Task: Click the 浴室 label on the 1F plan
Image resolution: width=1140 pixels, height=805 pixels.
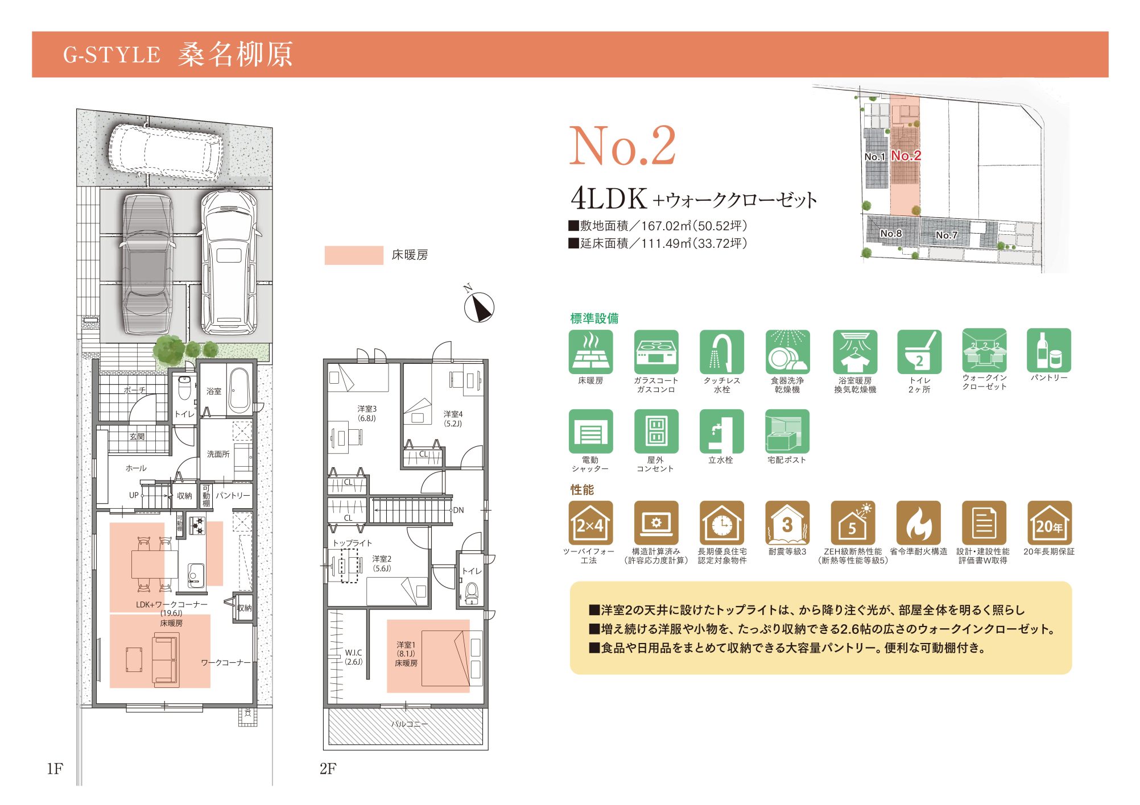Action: click(214, 391)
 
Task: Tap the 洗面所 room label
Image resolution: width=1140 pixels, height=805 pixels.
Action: click(218, 454)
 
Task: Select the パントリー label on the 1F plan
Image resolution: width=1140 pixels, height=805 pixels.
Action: click(233, 495)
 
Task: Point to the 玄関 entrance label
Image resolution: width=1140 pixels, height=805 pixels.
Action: click(137, 437)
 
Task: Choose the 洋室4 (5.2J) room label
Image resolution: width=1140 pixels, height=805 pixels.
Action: click(453, 419)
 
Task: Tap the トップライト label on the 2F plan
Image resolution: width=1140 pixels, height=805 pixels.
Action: click(352, 543)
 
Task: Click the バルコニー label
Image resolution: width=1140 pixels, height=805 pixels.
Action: click(410, 724)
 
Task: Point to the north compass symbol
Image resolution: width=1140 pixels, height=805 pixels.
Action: click(480, 308)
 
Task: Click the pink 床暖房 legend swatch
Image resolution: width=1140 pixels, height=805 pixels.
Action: click(354, 255)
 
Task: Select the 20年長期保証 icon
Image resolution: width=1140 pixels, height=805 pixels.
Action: click(1049, 522)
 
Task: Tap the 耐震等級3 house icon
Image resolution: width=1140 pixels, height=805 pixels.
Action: click(787, 522)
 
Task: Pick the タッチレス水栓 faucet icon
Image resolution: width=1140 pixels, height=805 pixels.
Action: click(722, 352)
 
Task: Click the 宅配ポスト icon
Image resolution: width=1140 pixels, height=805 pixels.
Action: click(787, 431)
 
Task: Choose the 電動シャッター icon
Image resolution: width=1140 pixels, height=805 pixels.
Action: click(591, 431)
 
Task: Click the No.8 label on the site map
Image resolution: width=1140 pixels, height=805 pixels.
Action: click(891, 234)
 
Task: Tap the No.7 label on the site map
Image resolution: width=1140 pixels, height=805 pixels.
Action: click(947, 235)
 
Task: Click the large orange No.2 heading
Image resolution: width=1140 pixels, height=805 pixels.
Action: click(623, 146)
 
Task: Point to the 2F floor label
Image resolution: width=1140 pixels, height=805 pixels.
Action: click(328, 769)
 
